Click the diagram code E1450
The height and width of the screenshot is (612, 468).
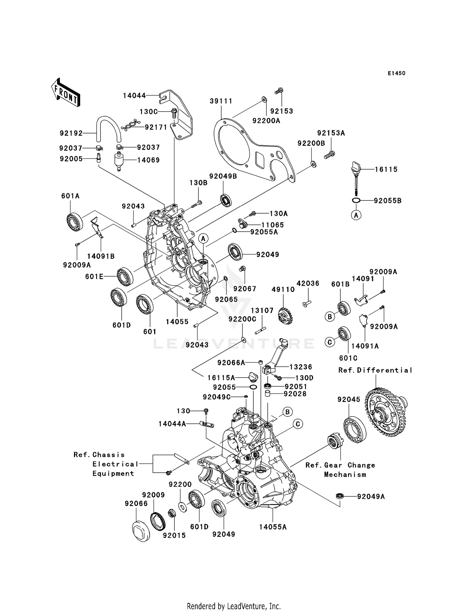pos(396,73)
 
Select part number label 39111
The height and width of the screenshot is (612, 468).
pos(221,101)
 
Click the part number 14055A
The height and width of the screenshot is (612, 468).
pos(273,527)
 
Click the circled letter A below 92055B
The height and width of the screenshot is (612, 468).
pos(356,215)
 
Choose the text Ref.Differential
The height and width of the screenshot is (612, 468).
pos(375,370)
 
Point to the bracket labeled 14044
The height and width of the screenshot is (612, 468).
pos(181,115)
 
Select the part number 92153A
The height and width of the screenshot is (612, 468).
pos(331,133)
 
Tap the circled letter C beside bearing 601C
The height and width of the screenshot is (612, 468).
pos(329,342)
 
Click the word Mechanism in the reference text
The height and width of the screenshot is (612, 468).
pos(345,475)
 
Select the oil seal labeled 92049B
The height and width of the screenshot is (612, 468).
pos(226,200)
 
